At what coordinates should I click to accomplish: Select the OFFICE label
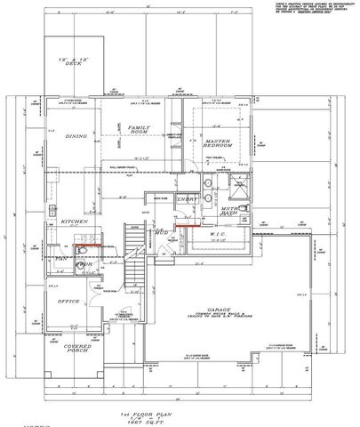pyautogui.click(x=68, y=301)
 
